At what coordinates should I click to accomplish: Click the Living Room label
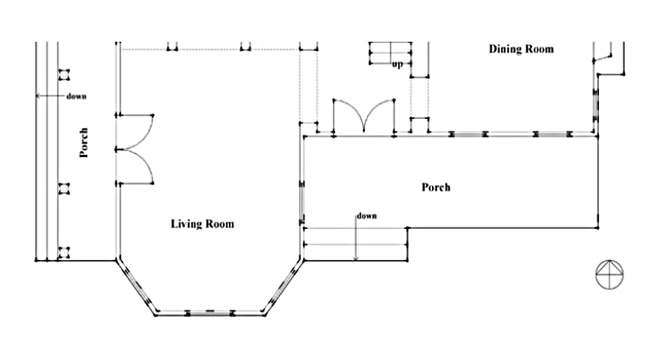202,224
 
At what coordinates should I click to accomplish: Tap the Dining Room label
521,49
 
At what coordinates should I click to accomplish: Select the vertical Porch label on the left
84,143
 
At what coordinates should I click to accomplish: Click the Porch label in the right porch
436,187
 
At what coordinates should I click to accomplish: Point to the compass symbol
610,273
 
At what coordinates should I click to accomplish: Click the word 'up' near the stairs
397,65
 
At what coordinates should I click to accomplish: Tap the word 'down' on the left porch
77,96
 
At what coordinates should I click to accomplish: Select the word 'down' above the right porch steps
366,215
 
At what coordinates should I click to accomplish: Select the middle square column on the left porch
64,189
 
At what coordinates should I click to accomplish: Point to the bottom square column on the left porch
64,252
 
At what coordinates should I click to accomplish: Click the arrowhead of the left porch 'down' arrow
38,96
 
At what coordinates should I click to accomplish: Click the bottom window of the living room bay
210,312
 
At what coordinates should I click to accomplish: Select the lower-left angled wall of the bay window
137,286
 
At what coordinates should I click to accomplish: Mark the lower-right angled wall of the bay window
283,286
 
